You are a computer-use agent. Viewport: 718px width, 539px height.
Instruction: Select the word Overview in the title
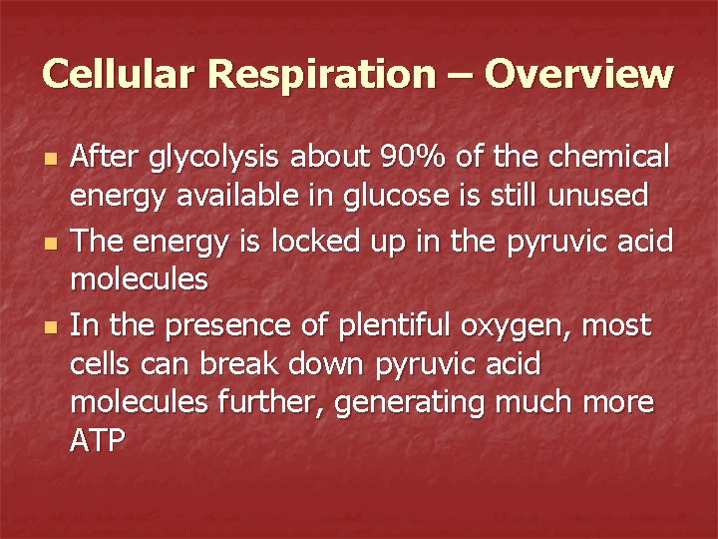[580, 73]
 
